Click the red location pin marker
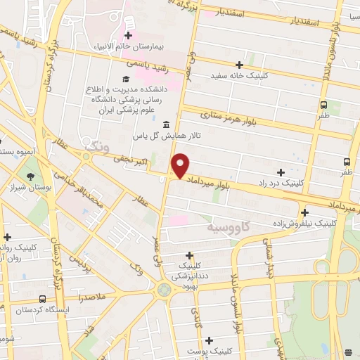pyautogui.click(x=181, y=165)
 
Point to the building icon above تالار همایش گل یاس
pyautogui.click(x=166, y=125)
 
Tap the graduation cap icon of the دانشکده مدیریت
pyautogui.click(x=125, y=79)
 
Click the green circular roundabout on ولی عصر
pyautogui.click(x=164, y=288)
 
